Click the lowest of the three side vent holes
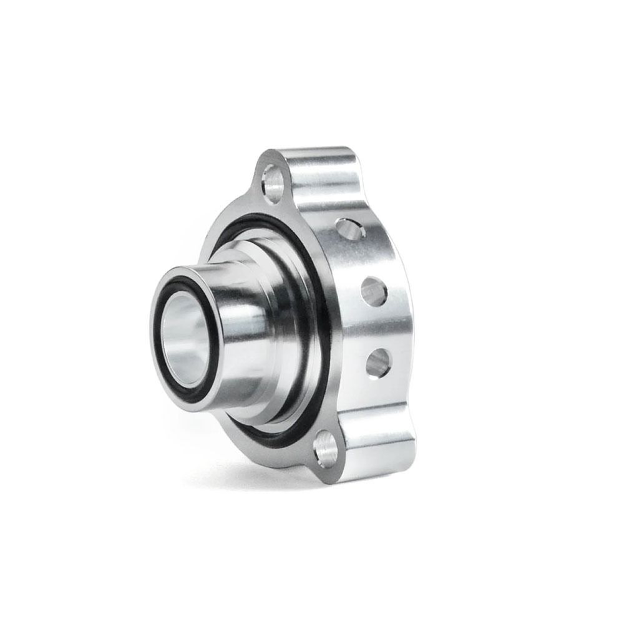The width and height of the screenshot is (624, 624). (378, 360)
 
